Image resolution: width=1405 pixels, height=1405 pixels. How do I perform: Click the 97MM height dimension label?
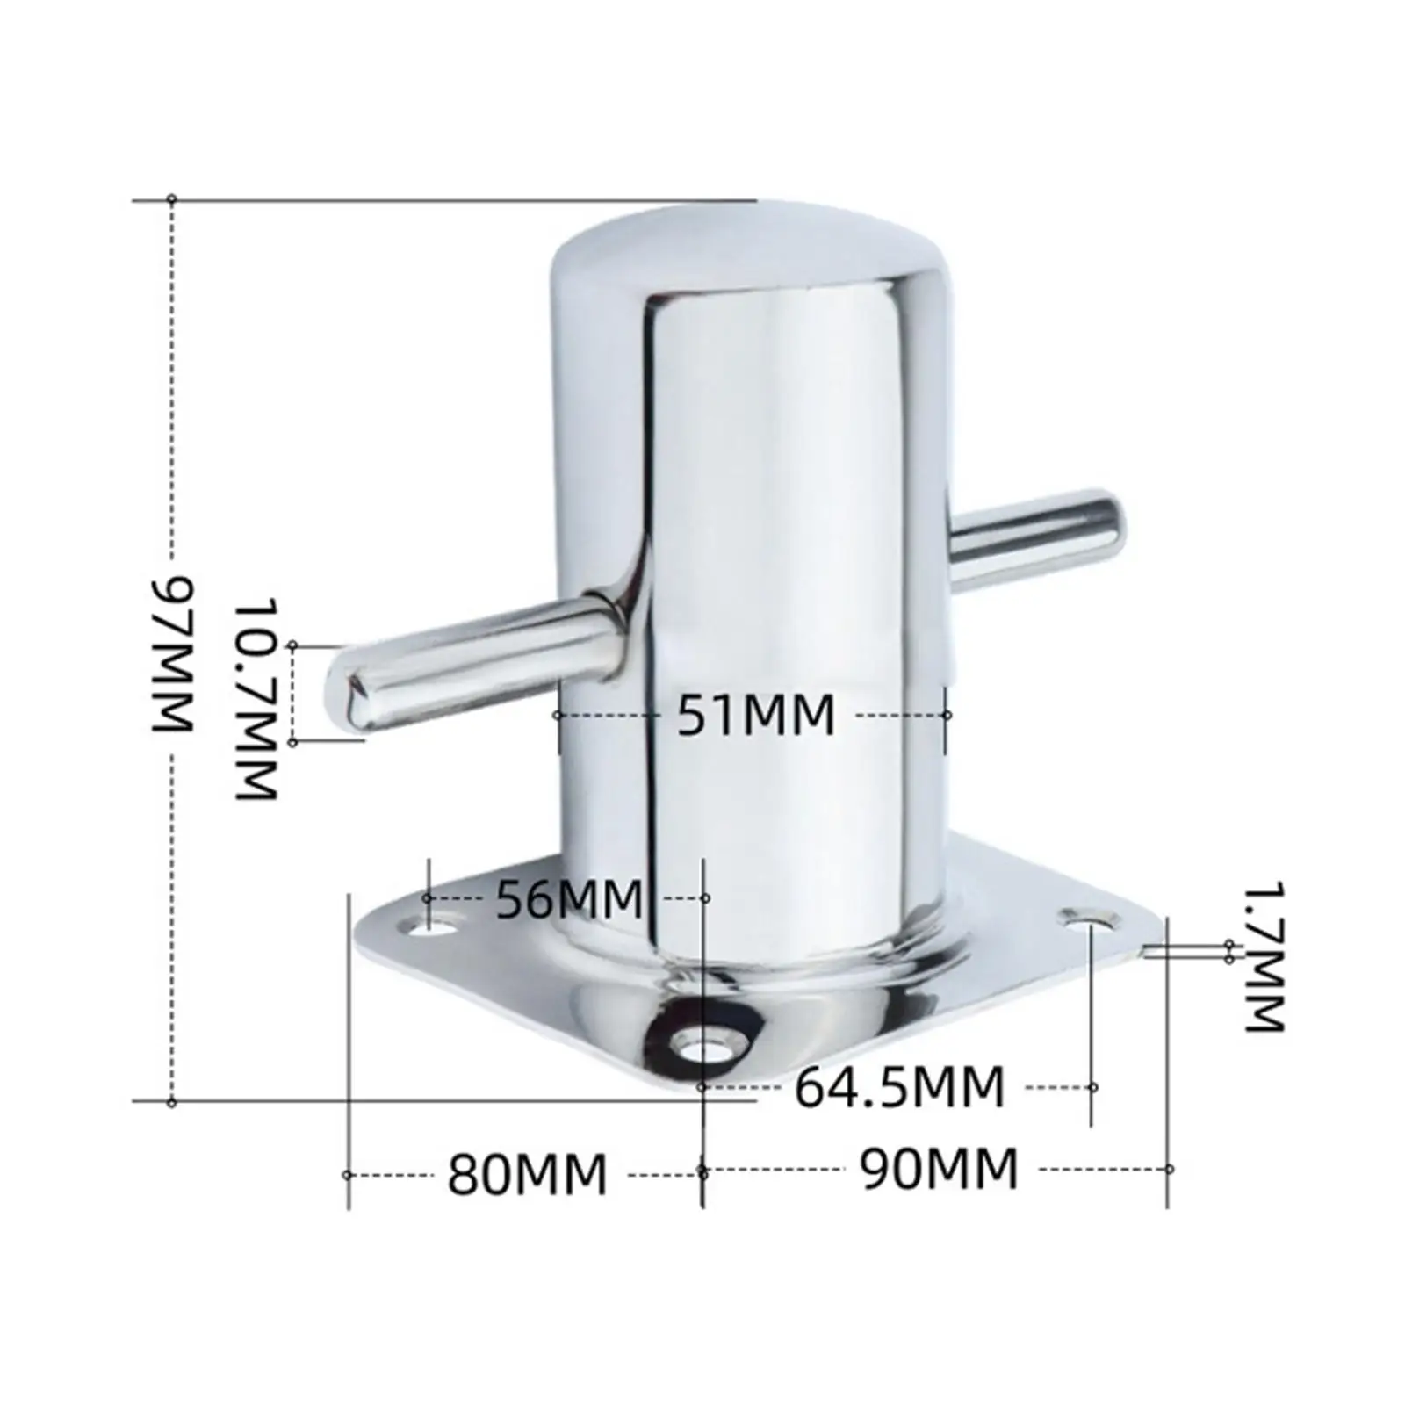click(x=174, y=652)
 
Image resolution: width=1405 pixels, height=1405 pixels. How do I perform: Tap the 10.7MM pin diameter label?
click(x=257, y=700)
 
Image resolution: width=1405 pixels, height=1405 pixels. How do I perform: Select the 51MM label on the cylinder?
click(x=755, y=715)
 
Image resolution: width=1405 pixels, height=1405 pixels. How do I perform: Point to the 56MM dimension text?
click(x=569, y=898)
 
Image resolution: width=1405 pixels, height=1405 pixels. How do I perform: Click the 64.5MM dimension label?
click(x=899, y=1087)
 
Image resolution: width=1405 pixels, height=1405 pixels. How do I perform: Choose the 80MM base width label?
click(x=527, y=1174)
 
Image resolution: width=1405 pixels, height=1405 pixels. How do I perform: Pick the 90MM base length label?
click(x=939, y=1169)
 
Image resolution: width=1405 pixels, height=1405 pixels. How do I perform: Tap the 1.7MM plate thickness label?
click(x=1265, y=956)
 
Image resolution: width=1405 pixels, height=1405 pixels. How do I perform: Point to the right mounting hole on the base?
click(x=1088, y=919)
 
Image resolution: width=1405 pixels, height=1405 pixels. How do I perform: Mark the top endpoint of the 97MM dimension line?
click(x=172, y=200)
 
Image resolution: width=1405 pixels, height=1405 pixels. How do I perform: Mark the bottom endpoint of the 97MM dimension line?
click(x=172, y=1102)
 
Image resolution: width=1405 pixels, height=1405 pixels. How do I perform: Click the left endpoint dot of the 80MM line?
click(x=347, y=1175)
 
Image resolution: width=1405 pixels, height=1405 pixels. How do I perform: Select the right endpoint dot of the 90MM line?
click(x=1169, y=1169)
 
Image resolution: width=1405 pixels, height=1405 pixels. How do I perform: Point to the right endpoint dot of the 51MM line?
click(x=947, y=716)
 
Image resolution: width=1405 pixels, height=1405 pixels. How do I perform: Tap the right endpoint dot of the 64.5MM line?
click(x=1093, y=1087)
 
